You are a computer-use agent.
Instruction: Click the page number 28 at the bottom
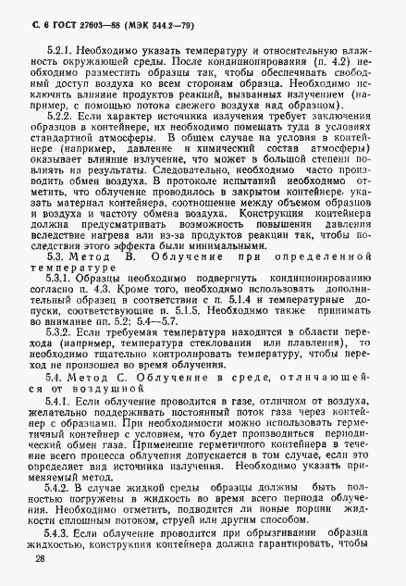coord(39,559)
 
